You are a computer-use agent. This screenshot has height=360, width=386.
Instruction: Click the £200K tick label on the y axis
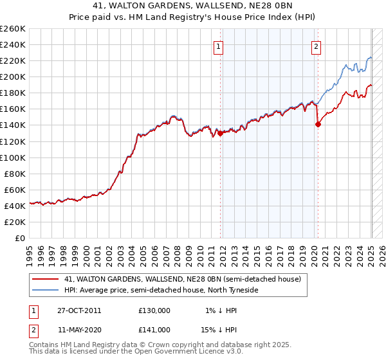[13, 76]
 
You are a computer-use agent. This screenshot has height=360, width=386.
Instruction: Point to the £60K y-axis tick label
[15, 190]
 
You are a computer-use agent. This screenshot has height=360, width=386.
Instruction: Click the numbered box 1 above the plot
[219, 46]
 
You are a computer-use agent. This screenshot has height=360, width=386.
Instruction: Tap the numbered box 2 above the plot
[317, 46]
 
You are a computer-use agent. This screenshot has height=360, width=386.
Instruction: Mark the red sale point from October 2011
[220, 134]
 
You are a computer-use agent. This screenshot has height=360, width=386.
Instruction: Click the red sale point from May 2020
[318, 125]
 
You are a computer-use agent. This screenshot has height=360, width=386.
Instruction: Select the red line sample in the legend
[44, 280]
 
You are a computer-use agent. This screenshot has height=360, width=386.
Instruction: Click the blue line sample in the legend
[44, 291]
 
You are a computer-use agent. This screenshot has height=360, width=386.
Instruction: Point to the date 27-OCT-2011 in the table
[79, 310]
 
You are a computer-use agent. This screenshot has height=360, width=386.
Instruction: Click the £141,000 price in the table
[154, 329]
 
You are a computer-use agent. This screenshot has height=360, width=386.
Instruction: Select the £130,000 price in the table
[154, 310]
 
